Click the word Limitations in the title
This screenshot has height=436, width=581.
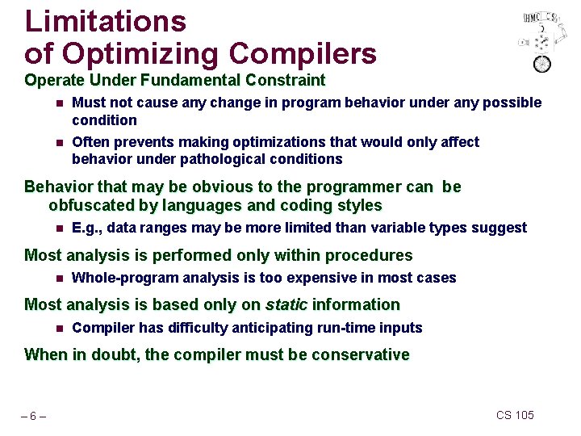(x=106, y=21)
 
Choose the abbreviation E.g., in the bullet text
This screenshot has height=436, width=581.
(x=86, y=228)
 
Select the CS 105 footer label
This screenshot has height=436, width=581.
(x=516, y=415)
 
